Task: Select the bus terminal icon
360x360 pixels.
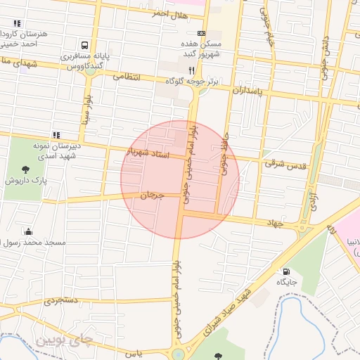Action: tap(85, 44)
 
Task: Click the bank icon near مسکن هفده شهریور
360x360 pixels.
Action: tap(202, 33)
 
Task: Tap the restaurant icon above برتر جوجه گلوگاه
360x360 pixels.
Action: tap(192, 70)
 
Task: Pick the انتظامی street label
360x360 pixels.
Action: tap(127, 76)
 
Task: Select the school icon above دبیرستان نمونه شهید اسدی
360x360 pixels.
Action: tap(56, 134)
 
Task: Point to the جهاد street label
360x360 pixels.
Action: tap(274, 223)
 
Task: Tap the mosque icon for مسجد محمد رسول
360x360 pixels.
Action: tap(28, 232)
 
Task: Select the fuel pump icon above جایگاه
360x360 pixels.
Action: tap(286, 272)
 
